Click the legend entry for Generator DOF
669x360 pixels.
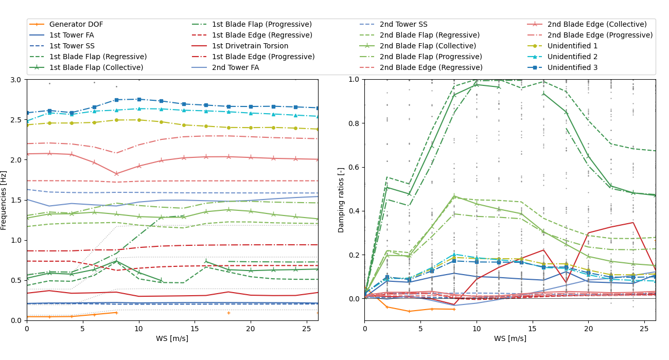[x=76, y=24]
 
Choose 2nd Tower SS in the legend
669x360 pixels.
[x=403, y=24]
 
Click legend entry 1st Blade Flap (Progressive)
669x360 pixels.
[x=261, y=24]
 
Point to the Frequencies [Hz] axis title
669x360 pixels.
[x=4, y=200]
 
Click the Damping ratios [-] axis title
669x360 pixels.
[x=341, y=200]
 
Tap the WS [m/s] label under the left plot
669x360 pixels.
[x=172, y=338]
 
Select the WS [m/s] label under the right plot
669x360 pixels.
[x=510, y=338]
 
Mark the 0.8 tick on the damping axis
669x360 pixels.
[x=354, y=123]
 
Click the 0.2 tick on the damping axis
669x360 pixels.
[x=354, y=255]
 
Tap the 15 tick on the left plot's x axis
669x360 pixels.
[x=195, y=328]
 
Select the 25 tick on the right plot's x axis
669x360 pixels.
[x=644, y=328]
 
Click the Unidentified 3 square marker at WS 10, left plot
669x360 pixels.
[x=139, y=99]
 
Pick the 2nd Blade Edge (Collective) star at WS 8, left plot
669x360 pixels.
[x=116, y=174]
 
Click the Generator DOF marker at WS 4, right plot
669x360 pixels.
[x=409, y=311]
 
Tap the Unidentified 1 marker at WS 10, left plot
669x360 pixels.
[x=139, y=120]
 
